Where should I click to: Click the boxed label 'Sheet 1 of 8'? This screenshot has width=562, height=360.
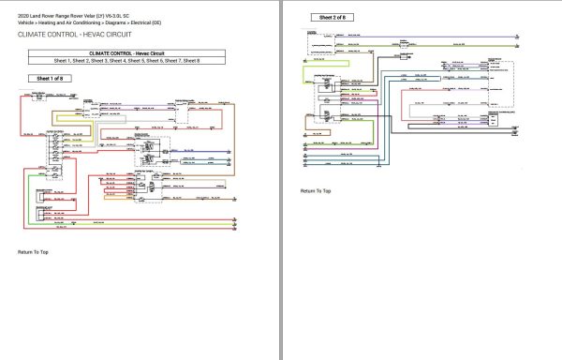[50, 79]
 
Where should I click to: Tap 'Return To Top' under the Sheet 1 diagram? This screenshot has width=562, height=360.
[33, 252]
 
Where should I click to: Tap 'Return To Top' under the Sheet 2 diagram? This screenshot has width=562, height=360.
[315, 190]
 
